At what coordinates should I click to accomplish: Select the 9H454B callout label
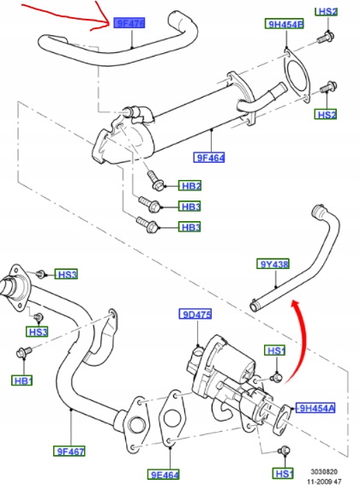[x=286, y=26]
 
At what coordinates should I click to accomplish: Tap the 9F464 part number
[x=210, y=157]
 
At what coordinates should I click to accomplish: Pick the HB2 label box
[x=190, y=185]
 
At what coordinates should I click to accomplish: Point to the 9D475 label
[x=195, y=315]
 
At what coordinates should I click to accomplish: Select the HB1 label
[x=23, y=380]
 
